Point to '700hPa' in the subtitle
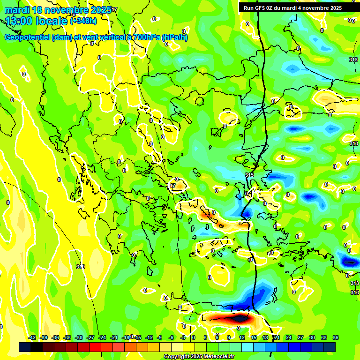coord(147,38)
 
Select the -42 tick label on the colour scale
coord(32,337)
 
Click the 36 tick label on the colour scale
coord(335,337)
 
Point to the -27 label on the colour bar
coord(90,337)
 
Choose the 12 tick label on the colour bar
coord(242,337)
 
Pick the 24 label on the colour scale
coord(289,337)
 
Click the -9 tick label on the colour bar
coord(159,337)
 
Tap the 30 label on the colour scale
coord(312,337)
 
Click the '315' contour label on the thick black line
coord(249,175)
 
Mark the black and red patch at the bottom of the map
coord(234,319)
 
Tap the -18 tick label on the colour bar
coord(126,337)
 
